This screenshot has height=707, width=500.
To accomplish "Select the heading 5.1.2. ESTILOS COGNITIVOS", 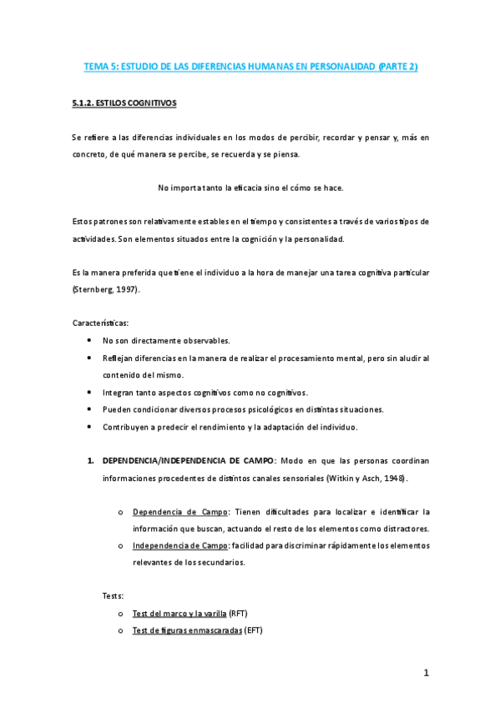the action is (x=123, y=104).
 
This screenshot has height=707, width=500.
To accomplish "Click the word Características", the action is (x=100, y=322).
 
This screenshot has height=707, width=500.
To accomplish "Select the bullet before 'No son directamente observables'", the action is (x=89, y=341).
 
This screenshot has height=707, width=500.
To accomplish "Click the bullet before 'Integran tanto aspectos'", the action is (x=89, y=392).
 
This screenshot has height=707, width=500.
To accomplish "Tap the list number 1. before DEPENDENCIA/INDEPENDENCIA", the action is (x=93, y=460).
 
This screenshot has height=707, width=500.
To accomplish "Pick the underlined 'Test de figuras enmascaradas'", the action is (x=186, y=630).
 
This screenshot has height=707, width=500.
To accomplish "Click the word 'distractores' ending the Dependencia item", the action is (x=402, y=529).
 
